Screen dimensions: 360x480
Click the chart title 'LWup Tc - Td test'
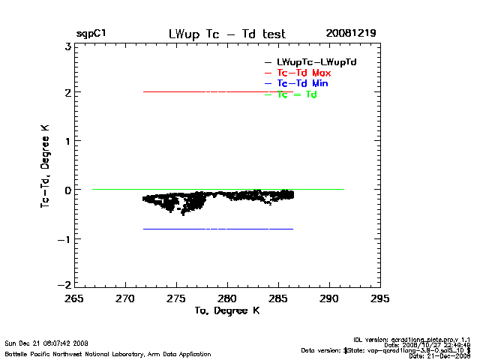(x=227, y=34)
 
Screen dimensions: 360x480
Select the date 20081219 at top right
(x=351, y=34)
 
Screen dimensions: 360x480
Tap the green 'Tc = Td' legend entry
(x=297, y=94)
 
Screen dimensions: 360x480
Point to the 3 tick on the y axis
(x=67, y=46)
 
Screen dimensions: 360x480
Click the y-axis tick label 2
(x=67, y=93)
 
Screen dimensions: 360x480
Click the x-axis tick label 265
(x=74, y=298)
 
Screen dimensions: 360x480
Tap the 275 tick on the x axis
(x=176, y=298)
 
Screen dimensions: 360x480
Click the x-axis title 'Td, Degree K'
(x=226, y=310)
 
